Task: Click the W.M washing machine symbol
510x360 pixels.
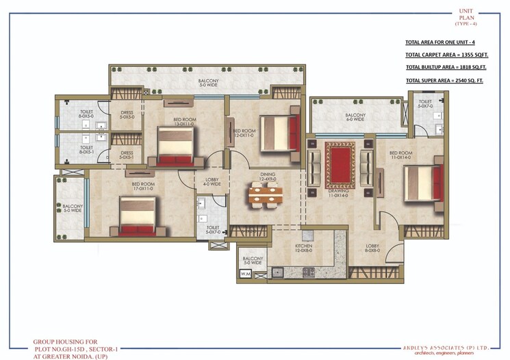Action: pos(245,274)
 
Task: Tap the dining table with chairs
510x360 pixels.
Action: pos(264,196)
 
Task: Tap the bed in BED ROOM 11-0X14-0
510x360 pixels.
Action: pos(422,181)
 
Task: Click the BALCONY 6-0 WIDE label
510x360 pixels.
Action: pos(355,117)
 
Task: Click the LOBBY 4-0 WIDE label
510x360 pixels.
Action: pos(212,181)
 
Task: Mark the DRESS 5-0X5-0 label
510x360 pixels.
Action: pos(127,115)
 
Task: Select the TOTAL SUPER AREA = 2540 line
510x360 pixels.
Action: pos(444,81)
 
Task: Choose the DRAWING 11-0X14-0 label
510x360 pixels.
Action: pos(337,193)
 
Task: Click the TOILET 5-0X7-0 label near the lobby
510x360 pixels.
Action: pos(212,230)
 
